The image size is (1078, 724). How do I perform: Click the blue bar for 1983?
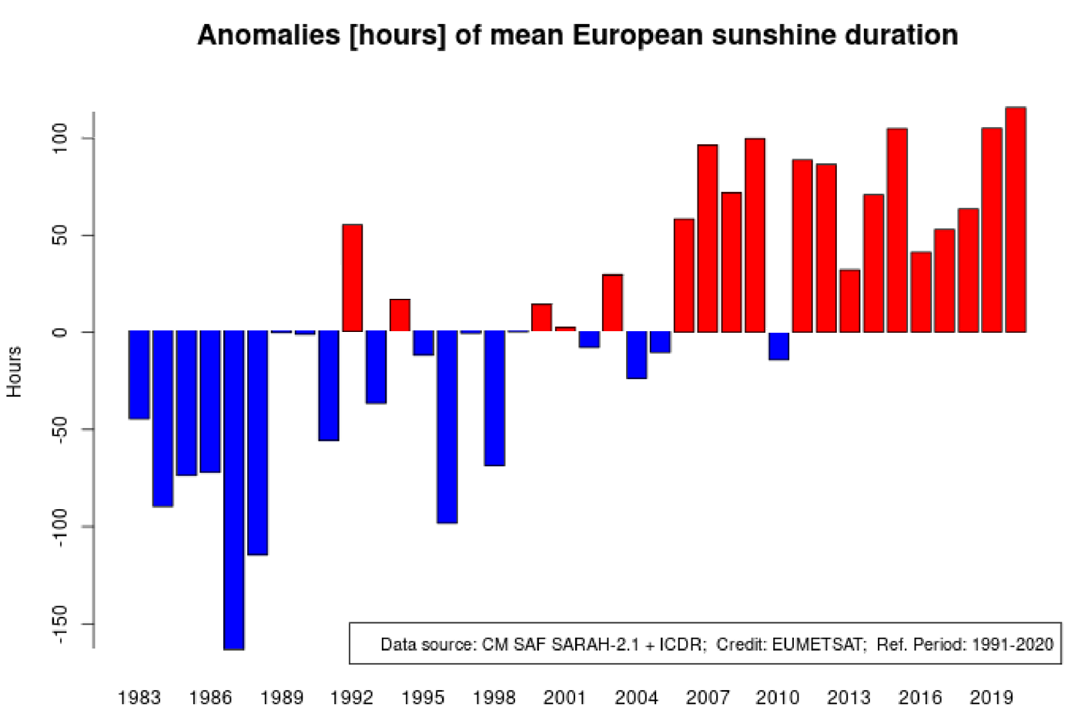point(139,375)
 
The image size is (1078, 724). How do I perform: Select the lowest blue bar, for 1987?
point(234,490)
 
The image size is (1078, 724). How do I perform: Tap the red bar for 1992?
point(352,278)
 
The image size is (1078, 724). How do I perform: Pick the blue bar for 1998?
point(494,398)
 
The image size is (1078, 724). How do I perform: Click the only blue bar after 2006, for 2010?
point(778,346)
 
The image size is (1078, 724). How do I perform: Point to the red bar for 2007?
point(708,238)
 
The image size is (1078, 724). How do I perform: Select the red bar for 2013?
point(849,300)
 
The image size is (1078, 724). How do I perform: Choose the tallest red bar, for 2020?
point(1016,220)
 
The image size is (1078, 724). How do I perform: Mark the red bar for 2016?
point(921,292)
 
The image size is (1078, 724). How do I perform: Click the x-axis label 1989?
point(281,698)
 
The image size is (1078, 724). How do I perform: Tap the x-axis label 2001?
point(564,698)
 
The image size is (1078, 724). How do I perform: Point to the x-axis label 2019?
point(991,698)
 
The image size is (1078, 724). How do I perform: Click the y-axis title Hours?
point(14,372)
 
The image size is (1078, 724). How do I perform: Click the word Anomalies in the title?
point(269,35)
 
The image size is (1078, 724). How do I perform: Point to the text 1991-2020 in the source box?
point(1013,644)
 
